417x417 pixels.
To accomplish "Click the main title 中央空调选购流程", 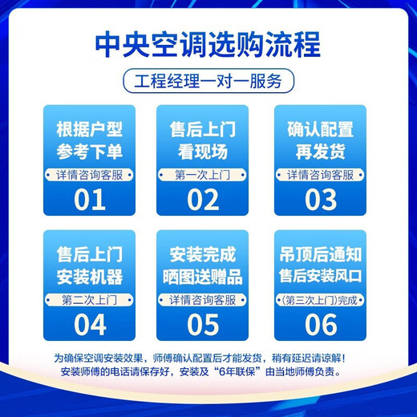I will pyautogui.click(x=208, y=44).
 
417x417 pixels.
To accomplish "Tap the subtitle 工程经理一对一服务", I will pyautogui.click(x=208, y=81).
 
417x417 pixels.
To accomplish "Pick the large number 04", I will pyautogui.click(x=90, y=325).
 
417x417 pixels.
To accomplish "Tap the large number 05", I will pyautogui.click(x=203, y=325).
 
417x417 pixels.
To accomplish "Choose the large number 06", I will pyautogui.click(x=321, y=325).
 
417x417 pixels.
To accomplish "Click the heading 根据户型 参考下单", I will pyautogui.click(x=90, y=141).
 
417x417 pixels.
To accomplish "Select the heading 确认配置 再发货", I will pyautogui.click(x=320, y=141).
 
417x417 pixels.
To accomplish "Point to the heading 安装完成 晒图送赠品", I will pyautogui.click(x=203, y=266).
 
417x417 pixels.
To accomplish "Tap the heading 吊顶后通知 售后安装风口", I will pyautogui.click(x=321, y=266).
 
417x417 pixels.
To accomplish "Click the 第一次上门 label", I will pyautogui.click(x=203, y=174).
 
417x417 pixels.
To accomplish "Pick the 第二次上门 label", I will pyautogui.click(x=90, y=300).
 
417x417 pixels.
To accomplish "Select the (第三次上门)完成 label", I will pyautogui.click(x=321, y=300).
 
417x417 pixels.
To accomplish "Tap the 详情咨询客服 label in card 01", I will pyautogui.click(x=90, y=174).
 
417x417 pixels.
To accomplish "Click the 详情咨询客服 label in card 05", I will pyautogui.click(x=203, y=300).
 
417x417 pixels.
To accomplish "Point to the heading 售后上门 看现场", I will pyautogui.click(x=203, y=141).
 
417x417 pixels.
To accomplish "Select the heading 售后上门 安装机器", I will pyautogui.click(x=90, y=266).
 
